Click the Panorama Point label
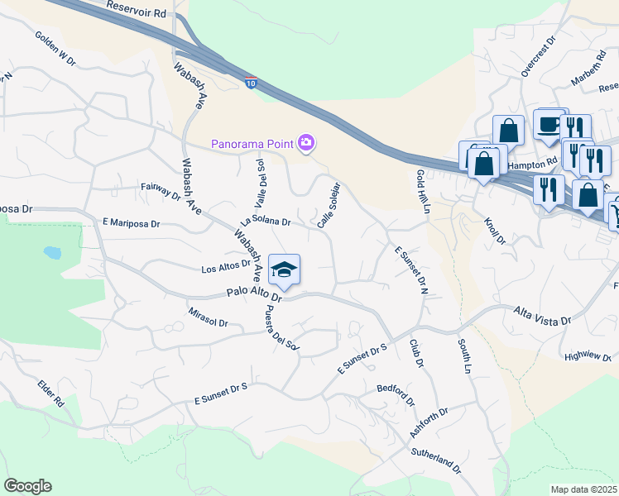[252, 144]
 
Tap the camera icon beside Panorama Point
[306, 144]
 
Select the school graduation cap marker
[284, 269]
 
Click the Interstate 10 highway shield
[251, 83]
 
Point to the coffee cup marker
[549, 124]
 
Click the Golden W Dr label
[55, 49]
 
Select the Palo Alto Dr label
[254, 294]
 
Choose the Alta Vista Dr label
[543, 319]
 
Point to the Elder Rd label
[50, 393]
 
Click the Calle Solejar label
[329, 204]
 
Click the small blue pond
[52, 251]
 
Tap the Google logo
[27, 486]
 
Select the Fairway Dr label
[161, 192]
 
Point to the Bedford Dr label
[396, 394]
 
